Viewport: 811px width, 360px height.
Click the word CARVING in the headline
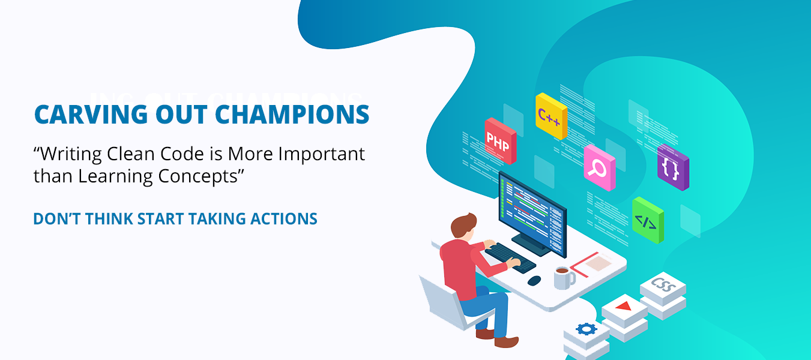point(91,115)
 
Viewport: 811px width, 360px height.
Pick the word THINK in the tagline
point(109,219)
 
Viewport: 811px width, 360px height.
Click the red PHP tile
point(501,141)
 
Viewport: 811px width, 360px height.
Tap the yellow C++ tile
point(551,116)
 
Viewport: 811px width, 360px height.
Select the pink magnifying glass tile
point(600,168)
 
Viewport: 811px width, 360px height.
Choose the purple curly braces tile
point(673,167)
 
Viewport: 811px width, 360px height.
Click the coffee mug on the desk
point(564,278)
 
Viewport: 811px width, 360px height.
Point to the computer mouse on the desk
point(534,280)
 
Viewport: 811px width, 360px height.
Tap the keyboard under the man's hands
point(510,257)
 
